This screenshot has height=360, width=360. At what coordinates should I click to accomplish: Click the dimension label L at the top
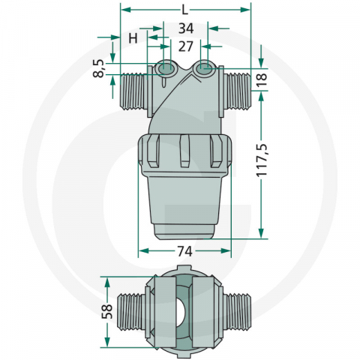pos(184,10)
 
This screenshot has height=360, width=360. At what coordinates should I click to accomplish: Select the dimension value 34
pos(184,28)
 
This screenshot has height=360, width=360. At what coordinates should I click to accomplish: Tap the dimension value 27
pos(184,46)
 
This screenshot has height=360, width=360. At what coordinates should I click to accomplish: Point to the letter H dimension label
pos(133,37)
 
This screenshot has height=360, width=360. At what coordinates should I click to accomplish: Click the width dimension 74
pos(184,250)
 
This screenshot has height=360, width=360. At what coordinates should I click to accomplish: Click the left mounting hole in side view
pos(166,70)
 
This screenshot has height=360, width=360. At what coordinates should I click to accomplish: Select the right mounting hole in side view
pos(203,70)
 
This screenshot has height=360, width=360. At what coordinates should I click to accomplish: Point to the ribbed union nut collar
pos(184,151)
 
